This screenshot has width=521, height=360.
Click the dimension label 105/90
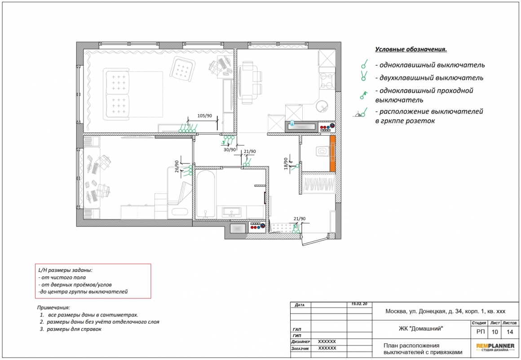tap(204, 116)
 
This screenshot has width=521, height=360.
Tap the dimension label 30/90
tap(230, 150)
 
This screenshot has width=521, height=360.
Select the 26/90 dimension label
tap(177, 166)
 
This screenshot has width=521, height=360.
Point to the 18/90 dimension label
tap(286, 164)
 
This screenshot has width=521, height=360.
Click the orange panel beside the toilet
tap(332, 153)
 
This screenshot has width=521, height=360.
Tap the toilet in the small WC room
tap(321, 151)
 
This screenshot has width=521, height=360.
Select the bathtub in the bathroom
tap(205, 194)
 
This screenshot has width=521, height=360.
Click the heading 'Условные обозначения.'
tap(411, 49)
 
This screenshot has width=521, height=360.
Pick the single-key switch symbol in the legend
tap(365, 64)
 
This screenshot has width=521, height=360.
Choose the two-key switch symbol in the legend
tap(364, 76)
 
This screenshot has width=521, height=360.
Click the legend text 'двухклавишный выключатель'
tap(431, 78)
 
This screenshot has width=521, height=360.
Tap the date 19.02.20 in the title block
tap(359, 304)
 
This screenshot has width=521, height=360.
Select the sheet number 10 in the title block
tap(495, 332)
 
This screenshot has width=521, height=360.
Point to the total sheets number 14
tap(510, 332)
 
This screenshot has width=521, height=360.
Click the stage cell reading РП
tap(481, 332)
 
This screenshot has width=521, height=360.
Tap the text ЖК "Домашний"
tap(421, 329)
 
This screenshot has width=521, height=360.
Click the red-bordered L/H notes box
tap(93, 281)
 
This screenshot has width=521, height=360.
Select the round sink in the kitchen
tap(322, 107)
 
